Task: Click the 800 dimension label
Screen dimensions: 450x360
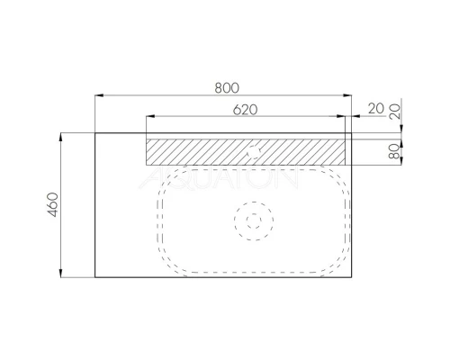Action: click(227, 88)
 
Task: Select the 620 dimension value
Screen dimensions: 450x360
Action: click(245, 110)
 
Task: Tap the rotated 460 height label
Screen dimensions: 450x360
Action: click(53, 204)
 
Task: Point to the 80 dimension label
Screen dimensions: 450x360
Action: click(394, 151)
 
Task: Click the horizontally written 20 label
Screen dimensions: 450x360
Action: click(376, 109)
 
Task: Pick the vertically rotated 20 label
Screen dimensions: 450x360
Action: click(394, 112)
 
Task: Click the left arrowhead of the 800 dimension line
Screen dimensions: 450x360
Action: click(99, 95)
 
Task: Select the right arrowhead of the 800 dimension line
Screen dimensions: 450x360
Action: click(347, 95)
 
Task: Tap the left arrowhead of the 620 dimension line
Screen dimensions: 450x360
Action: click(150, 116)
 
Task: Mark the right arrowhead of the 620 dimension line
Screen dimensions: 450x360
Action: click(341, 116)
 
